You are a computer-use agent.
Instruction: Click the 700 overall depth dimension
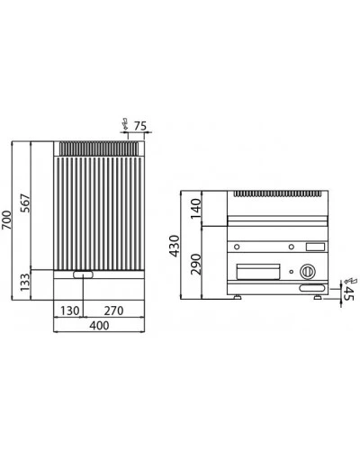pyautogui.click(x=6, y=220)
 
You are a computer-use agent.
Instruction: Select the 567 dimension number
pyautogui.click(x=25, y=203)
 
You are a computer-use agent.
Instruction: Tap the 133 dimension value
pyautogui.click(x=25, y=282)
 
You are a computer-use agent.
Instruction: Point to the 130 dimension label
pyautogui.click(x=70, y=310)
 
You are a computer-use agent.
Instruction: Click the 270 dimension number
pyautogui.click(x=113, y=310)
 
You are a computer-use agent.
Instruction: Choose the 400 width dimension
pyautogui.click(x=99, y=326)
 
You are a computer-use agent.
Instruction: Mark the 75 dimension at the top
pyautogui.click(x=140, y=126)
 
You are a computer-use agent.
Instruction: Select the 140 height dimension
pyautogui.click(x=195, y=208)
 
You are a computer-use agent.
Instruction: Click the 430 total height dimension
pyautogui.click(x=175, y=246)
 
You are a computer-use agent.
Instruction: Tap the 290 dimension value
pyautogui.click(x=196, y=264)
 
